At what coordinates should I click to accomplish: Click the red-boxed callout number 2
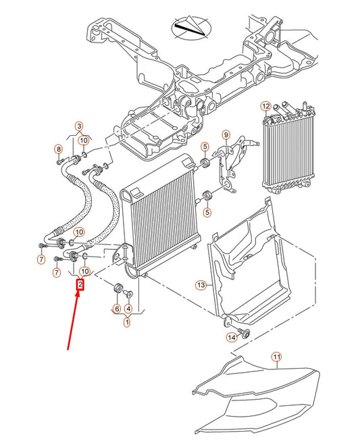pos(80,285)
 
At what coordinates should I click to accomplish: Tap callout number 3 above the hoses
pos(78,126)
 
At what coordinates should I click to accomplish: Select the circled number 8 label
pos(59,149)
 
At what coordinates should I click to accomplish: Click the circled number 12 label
pos(265,106)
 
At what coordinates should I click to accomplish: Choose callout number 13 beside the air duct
pos(200,286)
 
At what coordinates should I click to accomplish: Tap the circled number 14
pos(231,337)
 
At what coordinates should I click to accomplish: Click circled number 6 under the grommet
pos(117,309)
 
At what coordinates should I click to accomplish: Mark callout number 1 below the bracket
pos(126,323)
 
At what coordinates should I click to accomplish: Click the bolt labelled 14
pos(244,332)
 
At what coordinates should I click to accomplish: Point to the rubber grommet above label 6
pos(120,290)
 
